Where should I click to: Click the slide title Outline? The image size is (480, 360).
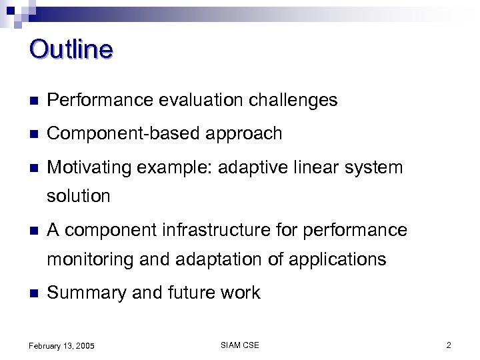point(71,50)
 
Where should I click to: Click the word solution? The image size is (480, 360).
point(78,197)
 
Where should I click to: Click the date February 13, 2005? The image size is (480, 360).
point(62,345)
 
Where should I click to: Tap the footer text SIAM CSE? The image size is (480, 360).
point(239,345)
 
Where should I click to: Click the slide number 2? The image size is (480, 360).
point(449,345)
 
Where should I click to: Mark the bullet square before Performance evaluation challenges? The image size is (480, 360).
point(33,101)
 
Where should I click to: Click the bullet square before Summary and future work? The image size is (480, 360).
point(33,293)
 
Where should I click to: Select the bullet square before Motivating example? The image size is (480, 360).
point(33,168)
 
